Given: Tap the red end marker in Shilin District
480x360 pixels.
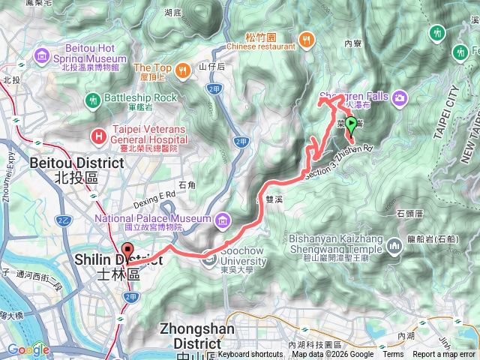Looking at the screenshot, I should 127,253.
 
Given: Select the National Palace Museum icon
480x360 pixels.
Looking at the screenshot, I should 223,220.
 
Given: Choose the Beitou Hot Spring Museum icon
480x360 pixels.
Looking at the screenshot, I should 40,55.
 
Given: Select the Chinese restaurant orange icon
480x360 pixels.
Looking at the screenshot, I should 305,39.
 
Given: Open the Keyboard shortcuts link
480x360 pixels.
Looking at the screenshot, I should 250,355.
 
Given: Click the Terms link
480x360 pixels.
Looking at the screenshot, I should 393,355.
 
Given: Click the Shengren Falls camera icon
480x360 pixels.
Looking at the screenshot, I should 400,97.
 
